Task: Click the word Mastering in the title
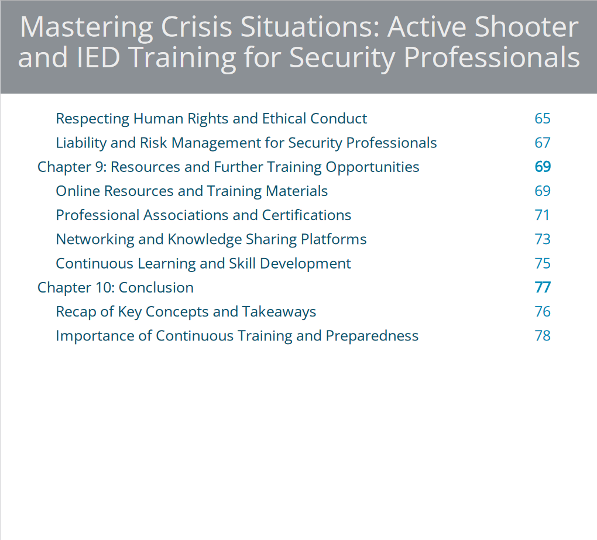point(87,28)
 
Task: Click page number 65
point(542,119)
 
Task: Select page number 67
point(542,143)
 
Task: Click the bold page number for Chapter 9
point(543,167)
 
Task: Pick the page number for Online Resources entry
point(542,191)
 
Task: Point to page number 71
point(542,215)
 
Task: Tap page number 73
point(542,239)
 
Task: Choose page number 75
point(542,263)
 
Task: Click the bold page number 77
point(543,287)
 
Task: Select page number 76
point(542,312)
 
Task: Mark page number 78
point(542,336)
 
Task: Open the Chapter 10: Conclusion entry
point(115,288)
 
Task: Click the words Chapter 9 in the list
point(72,167)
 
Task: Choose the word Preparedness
point(372,336)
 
